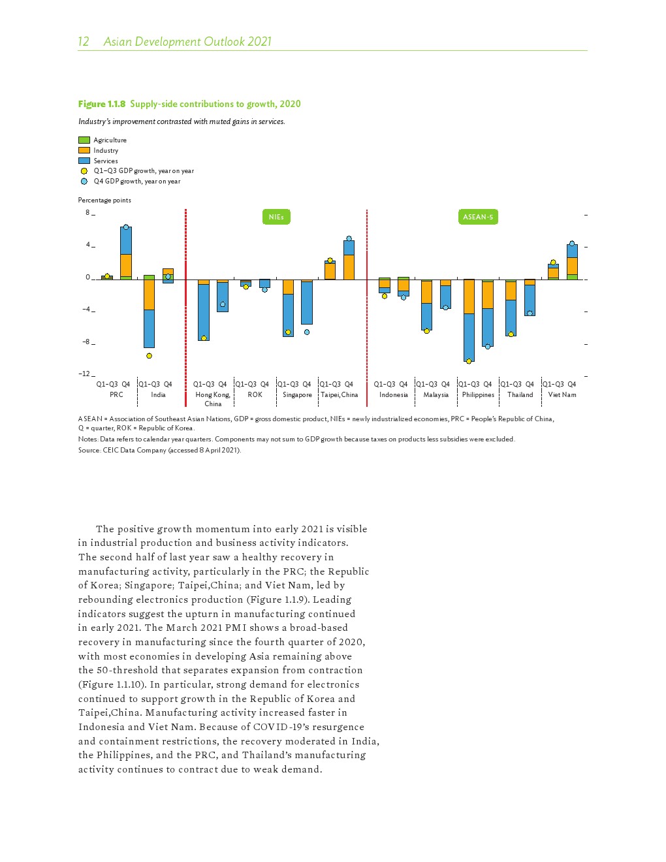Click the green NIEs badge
click(x=276, y=217)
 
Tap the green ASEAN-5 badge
click(x=478, y=217)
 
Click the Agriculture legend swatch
click(x=84, y=140)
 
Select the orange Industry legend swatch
click(x=84, y=150)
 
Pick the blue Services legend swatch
click(x=84, y=161)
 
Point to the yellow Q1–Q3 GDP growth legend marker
click(x=84, y=171)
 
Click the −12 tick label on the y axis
click(x=85, y=374)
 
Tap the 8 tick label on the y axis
click(x=87, y=212)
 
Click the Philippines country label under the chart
click(x=478, y=394)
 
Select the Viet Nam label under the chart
click(x=562, y=394)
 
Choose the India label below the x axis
click(x=158, y=394)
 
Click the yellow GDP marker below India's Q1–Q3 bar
click(x=149, y=356)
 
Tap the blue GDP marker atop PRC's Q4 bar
click(x=126, y=227)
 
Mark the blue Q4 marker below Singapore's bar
click(x=307, y=332)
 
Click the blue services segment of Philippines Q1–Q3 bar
click(x=469, y=337)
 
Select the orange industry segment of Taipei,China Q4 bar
click(x=349, y=267)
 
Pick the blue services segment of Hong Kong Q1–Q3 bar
click(x=204, y=312)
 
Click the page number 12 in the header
click(x=84, y=42)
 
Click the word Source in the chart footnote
click(x=88, y=450)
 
